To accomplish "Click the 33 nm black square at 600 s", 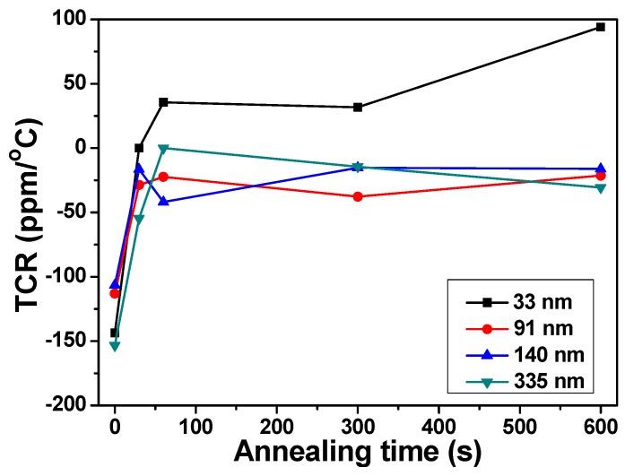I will [600, 27].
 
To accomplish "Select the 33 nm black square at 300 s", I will [358, 107].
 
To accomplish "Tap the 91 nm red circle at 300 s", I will [358, 196].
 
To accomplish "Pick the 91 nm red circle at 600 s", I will [600, 175].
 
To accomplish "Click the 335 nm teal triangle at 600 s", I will [600, 187].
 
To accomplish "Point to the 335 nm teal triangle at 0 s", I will [115, 346].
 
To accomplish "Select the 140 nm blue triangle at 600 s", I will [600, 168].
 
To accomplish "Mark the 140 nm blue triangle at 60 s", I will [163, 201].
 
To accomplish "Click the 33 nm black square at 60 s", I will [163, 102].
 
